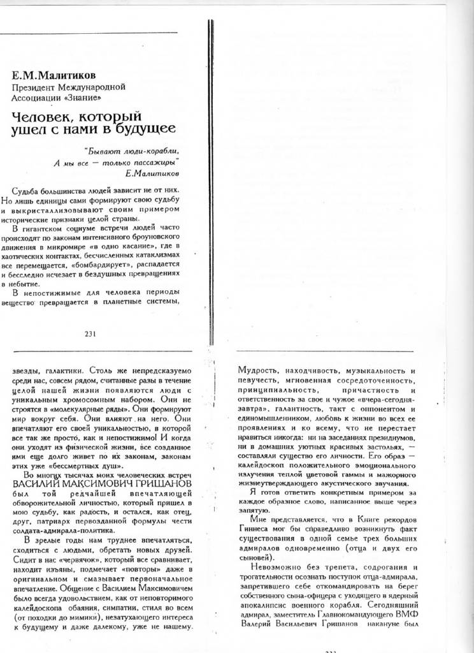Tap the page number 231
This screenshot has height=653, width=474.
[90, 333]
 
